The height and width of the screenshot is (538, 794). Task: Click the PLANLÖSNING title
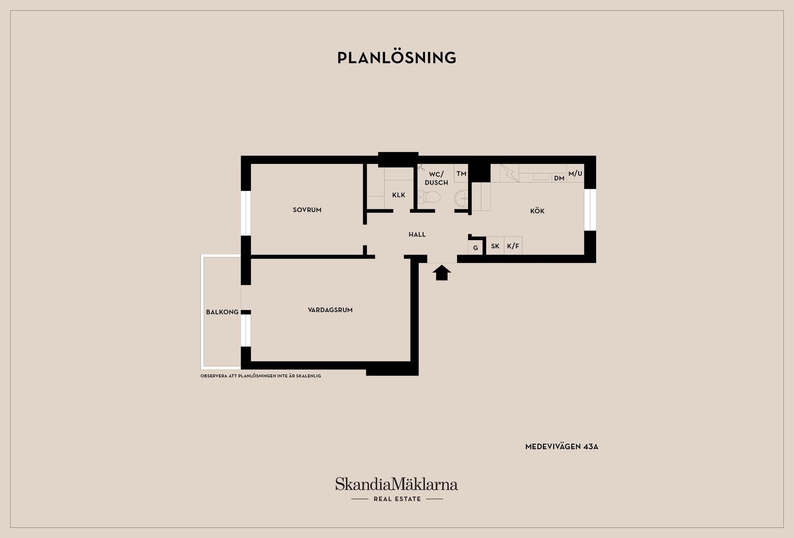pos(397,58)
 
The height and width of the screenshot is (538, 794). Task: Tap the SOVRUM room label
pos(307,210)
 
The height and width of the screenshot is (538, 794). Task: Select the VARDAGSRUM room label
pos(330,310)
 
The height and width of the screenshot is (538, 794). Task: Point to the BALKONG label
pos(222,312)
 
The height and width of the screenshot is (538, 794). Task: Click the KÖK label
pos(537,211)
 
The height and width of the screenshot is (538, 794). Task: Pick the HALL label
pos(417,235)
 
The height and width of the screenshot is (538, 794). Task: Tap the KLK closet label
pos(399,195)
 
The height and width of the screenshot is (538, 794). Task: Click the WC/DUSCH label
pos(436,179)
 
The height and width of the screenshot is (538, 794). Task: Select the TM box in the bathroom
pos(461,174)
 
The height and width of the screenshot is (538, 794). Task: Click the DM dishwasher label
pos(559,179)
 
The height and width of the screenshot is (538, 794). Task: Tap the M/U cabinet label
pos(575,174)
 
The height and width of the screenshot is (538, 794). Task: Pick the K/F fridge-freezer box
pos(513,246)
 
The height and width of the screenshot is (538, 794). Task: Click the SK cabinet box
pos(495,246)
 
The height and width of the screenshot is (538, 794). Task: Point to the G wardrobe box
pos(476,248)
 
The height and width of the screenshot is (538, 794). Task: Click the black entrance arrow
pos(442,273)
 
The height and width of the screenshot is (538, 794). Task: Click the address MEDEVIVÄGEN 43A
pos(562,447)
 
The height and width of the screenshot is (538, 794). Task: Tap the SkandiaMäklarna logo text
pos(397,484)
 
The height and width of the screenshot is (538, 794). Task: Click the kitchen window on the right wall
pos(590,209)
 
